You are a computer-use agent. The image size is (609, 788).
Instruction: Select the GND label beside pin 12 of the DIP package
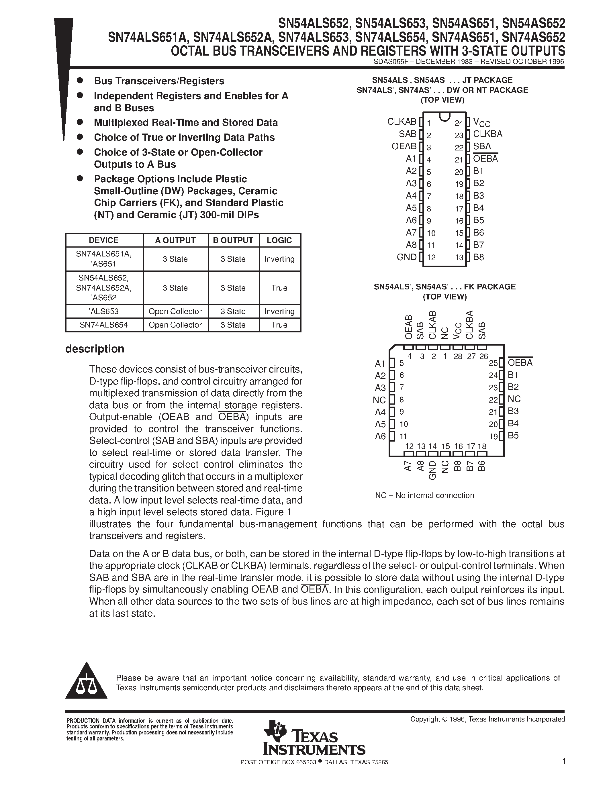coord(407,257)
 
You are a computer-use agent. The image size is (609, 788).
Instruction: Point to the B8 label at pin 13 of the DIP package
coord(478,257)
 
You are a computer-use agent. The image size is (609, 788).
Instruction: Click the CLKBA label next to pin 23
coord(487,134)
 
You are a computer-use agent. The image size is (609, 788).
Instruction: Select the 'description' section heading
coord(95,349)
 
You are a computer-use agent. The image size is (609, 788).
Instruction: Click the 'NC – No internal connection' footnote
coord(424,495)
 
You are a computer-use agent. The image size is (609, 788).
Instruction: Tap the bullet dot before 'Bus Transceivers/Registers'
coord(80,80)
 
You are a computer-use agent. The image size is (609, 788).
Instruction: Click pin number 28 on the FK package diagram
coord(457,356)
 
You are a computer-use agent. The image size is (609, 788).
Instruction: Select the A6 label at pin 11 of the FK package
coord(380,436)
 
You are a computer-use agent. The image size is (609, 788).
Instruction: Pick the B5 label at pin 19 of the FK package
coord(513,436)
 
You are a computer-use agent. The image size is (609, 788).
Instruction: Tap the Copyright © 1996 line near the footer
coord(487,719)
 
